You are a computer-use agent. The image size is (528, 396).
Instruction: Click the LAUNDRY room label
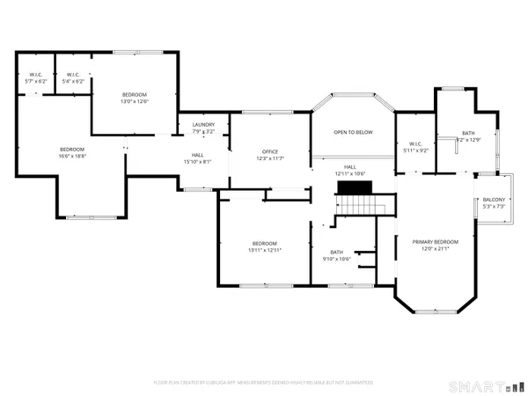tap(203, 124)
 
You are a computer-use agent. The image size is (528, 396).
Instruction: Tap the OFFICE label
tap(268, 150)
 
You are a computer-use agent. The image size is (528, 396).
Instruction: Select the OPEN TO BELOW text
tap(353, 132)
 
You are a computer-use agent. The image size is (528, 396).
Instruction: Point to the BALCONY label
tap(493, 200)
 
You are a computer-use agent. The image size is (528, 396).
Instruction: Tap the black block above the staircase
tap(356, 187)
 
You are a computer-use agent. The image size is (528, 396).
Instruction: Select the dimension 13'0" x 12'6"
tap(135, 101)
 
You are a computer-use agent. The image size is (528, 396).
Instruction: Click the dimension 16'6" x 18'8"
tap(72, 157)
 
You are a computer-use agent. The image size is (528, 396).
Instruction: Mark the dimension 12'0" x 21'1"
tap(436, 248)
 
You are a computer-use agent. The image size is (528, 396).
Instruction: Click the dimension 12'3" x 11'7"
tap(268, 158)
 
